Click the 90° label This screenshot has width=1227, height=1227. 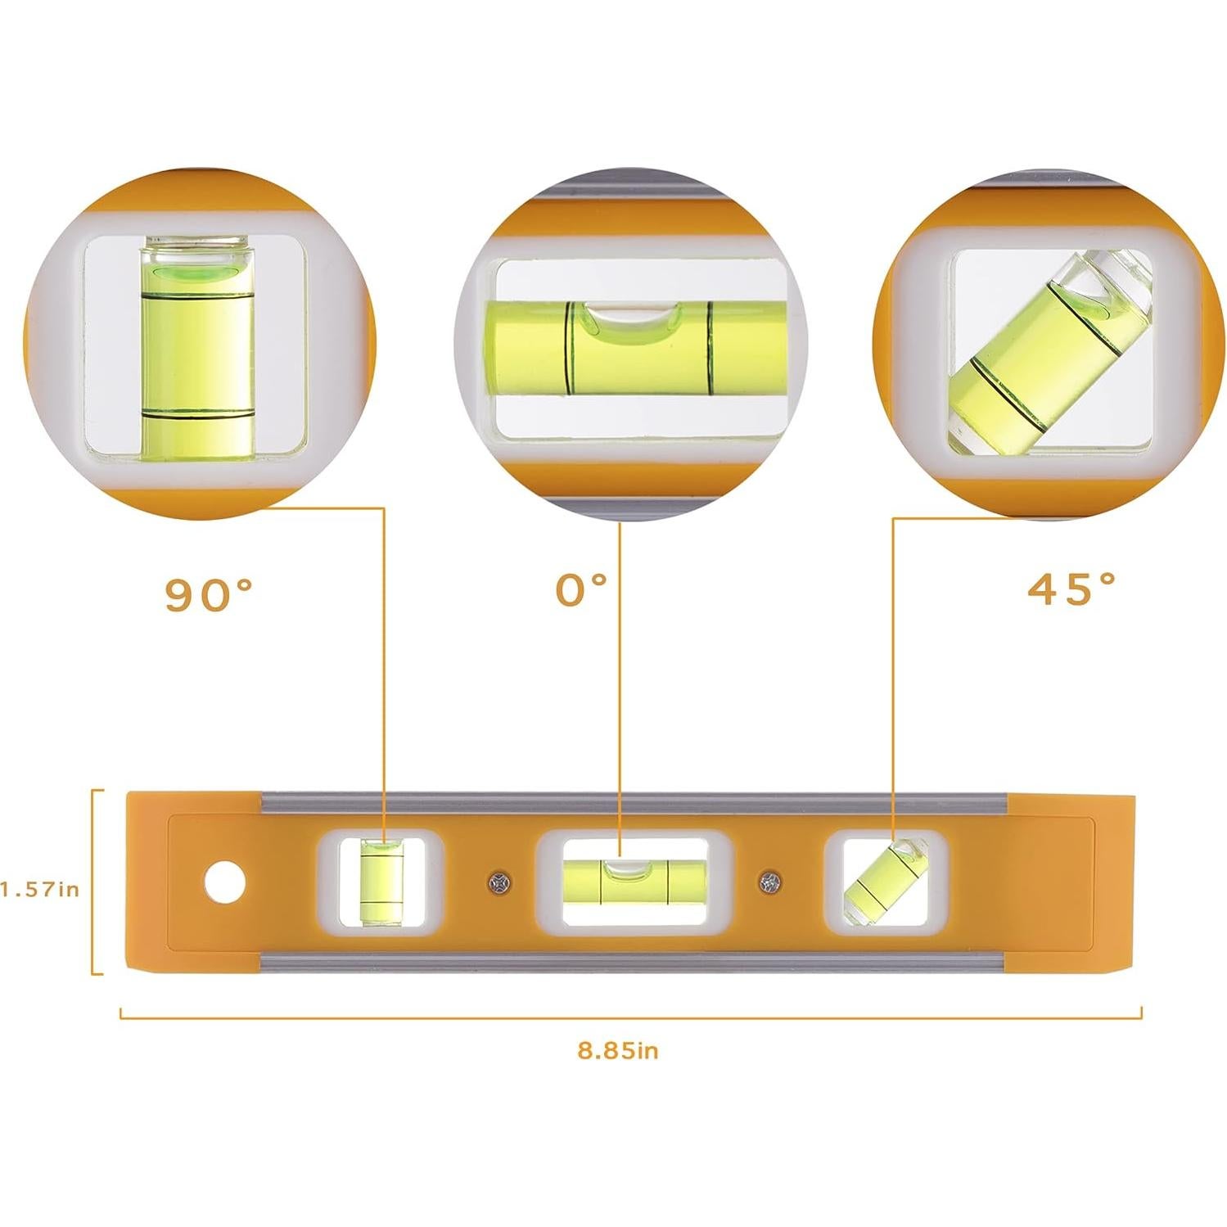[210, 595]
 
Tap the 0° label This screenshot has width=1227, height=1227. [581, 590]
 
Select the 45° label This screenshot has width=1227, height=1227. [1071, 589]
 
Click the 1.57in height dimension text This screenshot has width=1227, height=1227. [40, 889]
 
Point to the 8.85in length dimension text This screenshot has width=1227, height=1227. [618, 1050]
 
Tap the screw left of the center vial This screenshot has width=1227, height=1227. [497, 882]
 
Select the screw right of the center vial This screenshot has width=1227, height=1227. [769, 882]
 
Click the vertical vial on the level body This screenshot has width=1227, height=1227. [381, 882]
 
